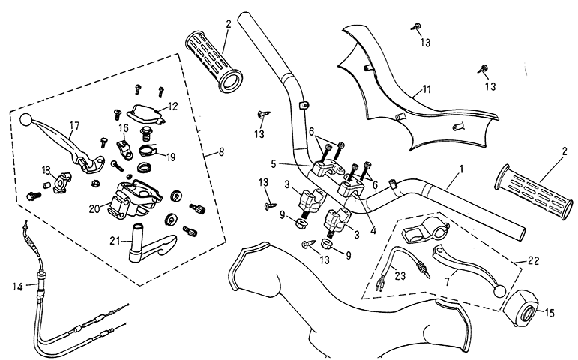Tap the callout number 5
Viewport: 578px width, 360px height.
coord(274,163)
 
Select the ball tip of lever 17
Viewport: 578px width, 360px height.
coord(25,118)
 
